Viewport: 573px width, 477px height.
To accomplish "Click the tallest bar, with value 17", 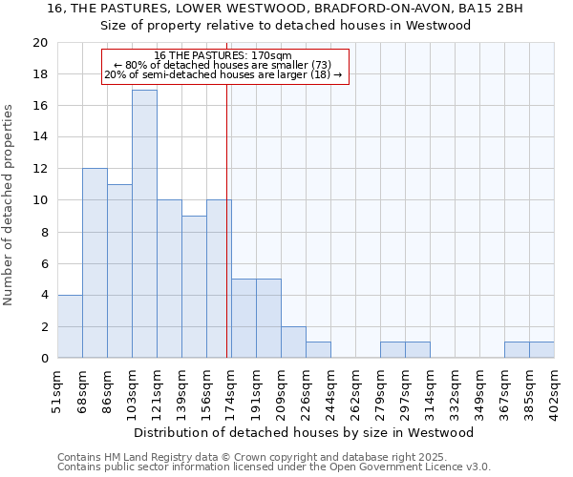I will (x=144, y=224).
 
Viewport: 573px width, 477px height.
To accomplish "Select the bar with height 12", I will (x=95, y=263).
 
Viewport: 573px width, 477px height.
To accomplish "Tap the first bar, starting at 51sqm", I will (x=70, y=326).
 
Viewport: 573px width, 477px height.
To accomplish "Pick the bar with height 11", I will (x=119, y=271).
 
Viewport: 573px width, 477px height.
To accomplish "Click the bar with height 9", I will (x=194, y=287).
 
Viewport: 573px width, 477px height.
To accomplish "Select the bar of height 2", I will (x=293, y=342).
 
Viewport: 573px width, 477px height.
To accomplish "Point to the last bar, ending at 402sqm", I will (x=541, y=350).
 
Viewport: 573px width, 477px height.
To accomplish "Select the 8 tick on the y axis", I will (x=43, y=232).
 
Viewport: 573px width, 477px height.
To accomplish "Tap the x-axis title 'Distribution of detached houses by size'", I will (x=304, y=432).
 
